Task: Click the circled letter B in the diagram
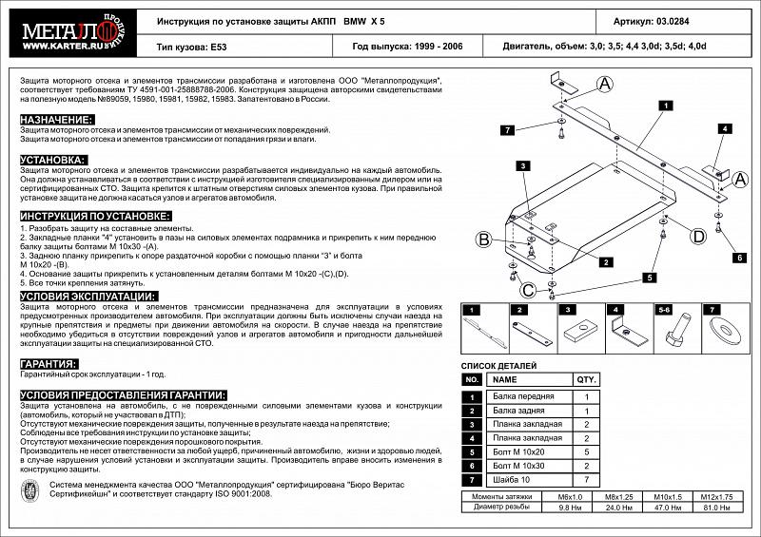(483, 239)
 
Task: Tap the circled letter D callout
(697, 236)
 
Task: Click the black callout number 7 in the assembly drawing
(507, 129)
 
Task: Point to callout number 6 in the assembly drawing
(738, 257)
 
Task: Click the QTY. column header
(587, 378)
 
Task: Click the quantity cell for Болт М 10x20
(587, 453)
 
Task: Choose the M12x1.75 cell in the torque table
(718, 497)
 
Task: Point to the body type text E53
(221, 45)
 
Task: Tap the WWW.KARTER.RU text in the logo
(59, 43)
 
